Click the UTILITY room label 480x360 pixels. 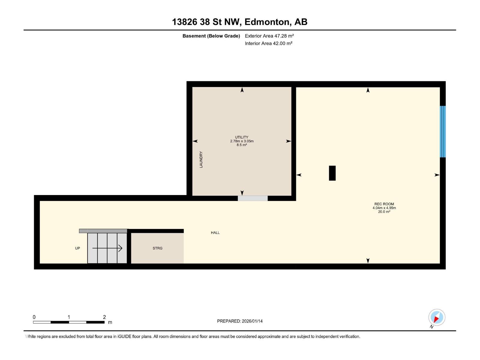tap(241, 137)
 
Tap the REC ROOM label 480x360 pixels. tap(384, 204)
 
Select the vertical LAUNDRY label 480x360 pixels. tap(201, 160)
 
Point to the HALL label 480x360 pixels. tap(215, 232)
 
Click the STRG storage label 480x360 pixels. tap(157, 248)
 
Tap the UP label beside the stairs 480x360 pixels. tap(77, 248)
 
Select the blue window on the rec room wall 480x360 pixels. tap(442, 131)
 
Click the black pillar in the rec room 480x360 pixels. tap(332, 173)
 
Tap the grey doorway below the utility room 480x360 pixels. tap(253, 198)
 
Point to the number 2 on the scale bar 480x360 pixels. tap(104, 317)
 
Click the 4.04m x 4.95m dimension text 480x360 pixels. tap(384, 208)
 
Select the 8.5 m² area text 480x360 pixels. tap(241, 145)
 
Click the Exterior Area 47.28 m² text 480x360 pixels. tap(269, 36)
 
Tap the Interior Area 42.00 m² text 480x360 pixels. tap(268, 43)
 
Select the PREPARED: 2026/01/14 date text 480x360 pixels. tap(240, 321)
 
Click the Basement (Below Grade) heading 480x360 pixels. tap(211, 36)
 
